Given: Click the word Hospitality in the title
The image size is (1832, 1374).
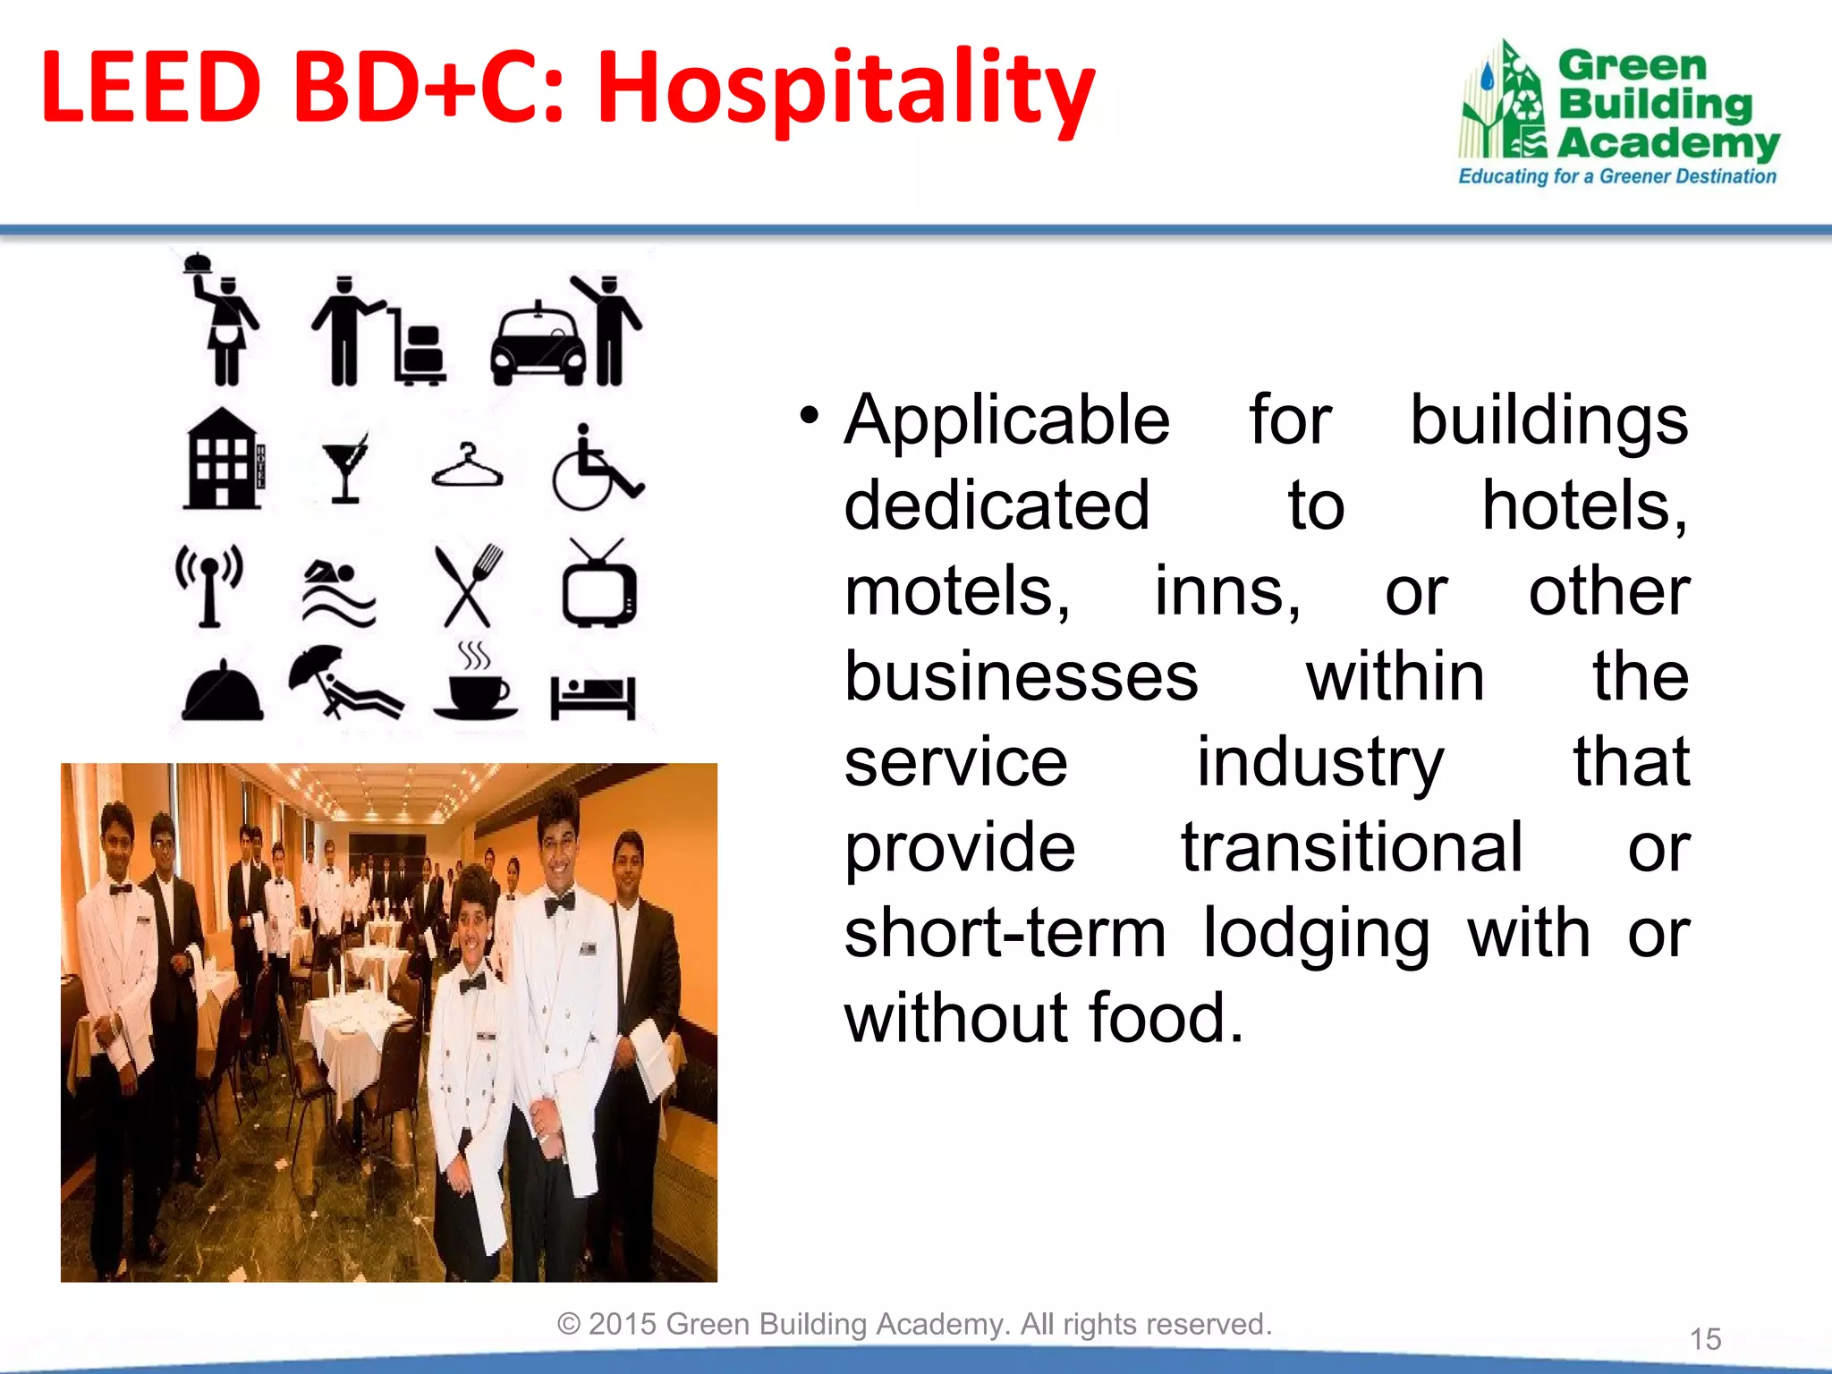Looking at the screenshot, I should (845, 89).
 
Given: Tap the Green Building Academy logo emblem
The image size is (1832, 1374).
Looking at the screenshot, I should (1504, 103).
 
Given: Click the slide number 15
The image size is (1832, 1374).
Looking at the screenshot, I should (1705, 1339).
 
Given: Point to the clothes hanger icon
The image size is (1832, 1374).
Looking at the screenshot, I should (467, 466).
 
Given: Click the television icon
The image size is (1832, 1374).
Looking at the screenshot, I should (598, 586).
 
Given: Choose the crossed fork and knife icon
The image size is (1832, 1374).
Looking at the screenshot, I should (468, 586).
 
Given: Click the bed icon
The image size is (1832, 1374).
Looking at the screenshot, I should (593, 696).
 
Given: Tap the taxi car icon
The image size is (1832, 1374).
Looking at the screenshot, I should (538, 344).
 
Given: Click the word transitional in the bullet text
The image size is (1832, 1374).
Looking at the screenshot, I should (1351, 846).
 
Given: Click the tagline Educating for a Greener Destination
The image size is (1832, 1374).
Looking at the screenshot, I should (1616, 176).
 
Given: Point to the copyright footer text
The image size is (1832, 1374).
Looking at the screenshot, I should (914, 1324).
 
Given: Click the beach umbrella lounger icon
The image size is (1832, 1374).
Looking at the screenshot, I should (344, 682).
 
